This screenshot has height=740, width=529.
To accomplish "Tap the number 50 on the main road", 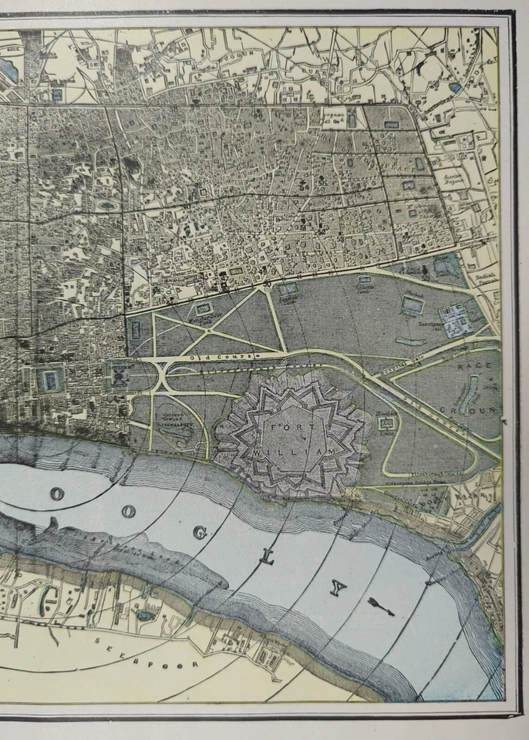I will point(267,285).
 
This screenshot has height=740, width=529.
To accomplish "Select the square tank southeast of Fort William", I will point(388,422).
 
